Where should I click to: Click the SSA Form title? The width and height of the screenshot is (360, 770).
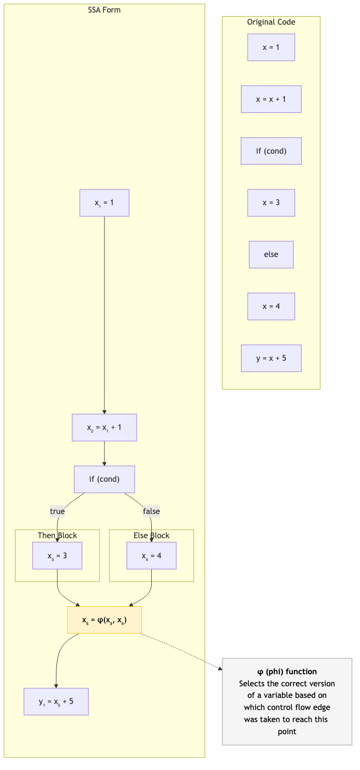pyautogui.click(x=104, y=10)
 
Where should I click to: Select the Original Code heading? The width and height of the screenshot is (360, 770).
pyautogui.click(x=271, y=22)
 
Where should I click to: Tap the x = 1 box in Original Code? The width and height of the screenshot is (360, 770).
pyautogui.click(x=271, y=47)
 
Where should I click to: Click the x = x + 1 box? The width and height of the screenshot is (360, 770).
pyautogui.click(x=271, y=99)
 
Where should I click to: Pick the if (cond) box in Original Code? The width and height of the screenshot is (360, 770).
pyautogui.click(x=271, y=151)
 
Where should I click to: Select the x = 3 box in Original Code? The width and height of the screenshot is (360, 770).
pyautogui.click(x=271, y=203)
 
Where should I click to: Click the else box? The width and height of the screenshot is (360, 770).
pyautogui.click(x=271, y=254)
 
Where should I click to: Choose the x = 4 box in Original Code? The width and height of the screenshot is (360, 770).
pyautogui.click(x=271, y=306)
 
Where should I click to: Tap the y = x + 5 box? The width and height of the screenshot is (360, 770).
pyautogui.click(x=271, y=358)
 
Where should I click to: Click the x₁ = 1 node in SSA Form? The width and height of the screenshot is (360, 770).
pyautogui.click(x=104, y=203)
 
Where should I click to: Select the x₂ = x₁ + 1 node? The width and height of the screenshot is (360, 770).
pyautogui.click(x=104, y=427)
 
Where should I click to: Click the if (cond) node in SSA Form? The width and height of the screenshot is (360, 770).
pyautogui.click(x=104, y=479)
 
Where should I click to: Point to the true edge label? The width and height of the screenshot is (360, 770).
pyautogui.click(x=57, y=511)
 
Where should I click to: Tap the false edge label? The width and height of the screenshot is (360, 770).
pyautogui.click(x=151, y=511)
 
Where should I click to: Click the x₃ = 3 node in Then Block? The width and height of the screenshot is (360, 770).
pyautogui.click(x=57, y=556)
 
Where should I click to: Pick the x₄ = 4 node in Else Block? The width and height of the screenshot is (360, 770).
pyautogui.click(x=151, y=556)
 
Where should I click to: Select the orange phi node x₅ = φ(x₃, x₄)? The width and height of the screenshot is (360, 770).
pyautogui.click(x=104, y=620)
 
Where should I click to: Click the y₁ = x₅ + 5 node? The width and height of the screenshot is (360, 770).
pyautogui.click(x=56, y=701)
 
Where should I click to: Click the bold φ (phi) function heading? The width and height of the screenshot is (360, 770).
pyautogui.click(x=287, y=671)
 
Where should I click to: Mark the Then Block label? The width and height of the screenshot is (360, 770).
pyautogui.click(x=57, y=535)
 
